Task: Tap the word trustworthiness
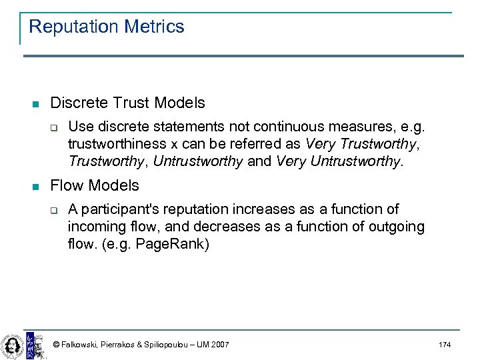pyautogui.click(x=116, y=144)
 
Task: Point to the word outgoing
pyautogui.click(x=389, y=227)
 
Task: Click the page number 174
pyautogui.click(x=445, y=345)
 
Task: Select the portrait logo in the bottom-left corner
pyautogui.click(x=11, y=345)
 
